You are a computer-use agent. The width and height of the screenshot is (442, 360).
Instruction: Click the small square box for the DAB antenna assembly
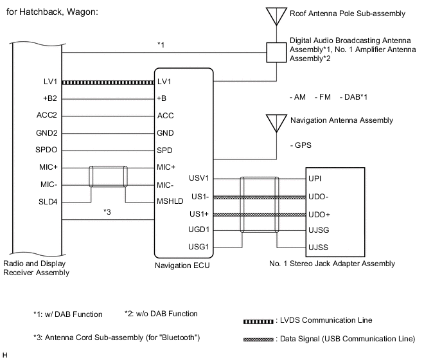click(x=276, y=51)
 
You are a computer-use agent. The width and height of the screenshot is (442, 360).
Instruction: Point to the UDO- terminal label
click(x=320, y=197)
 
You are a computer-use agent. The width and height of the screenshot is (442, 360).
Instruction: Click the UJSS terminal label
click(x=319, y=247)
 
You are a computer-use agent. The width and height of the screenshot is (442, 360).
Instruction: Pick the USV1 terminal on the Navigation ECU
click(x=200, y=178)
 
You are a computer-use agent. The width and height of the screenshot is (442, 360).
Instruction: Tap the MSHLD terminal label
click(x=169, y=201)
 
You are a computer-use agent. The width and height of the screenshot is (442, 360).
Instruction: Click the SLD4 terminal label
click(x=48, y=201)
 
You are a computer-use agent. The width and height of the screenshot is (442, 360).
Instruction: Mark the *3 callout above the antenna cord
click(x=108, y=212)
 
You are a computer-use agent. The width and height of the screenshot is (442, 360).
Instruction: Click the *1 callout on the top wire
click(x=161, y=45)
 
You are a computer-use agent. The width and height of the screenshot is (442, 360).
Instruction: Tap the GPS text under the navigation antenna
click(x=301, y=145)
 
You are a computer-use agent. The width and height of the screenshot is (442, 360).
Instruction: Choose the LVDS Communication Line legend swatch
click(x=259, y=320)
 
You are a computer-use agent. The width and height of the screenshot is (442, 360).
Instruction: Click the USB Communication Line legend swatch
click(x=259, y=339)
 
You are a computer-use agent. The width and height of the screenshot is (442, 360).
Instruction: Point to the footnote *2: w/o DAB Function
click(x=161, y=314)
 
